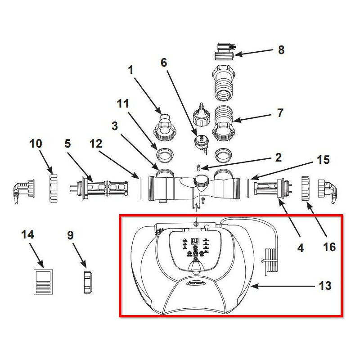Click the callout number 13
(x=325, y=285)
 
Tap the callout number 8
(x=281, y=50)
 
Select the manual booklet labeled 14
(x=44, y=281)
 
